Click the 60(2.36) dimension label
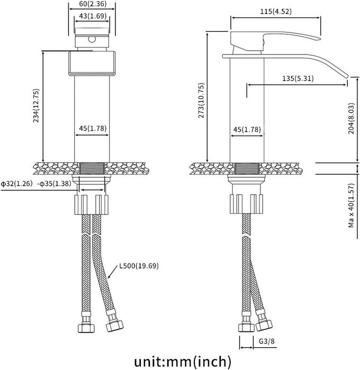click(92, 4)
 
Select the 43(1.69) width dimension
click(93, 16)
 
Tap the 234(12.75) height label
click(36, 105)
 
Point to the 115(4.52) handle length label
click(276, 11)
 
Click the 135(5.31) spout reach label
click(298, 78)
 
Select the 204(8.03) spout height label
click(352, 119)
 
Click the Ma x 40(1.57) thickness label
click(352, 205)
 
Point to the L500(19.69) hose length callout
click(139, 266)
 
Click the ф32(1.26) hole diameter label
click(16, 184)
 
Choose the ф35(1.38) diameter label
click(55, 184)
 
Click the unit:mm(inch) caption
click(183, 362)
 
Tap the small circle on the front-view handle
click(92, 39)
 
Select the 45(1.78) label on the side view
click(247, 130)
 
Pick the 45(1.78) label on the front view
click(93, 129)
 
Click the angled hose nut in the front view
click(114, 326)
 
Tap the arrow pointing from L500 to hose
click(112, 272)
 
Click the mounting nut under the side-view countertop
click(247, 204)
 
